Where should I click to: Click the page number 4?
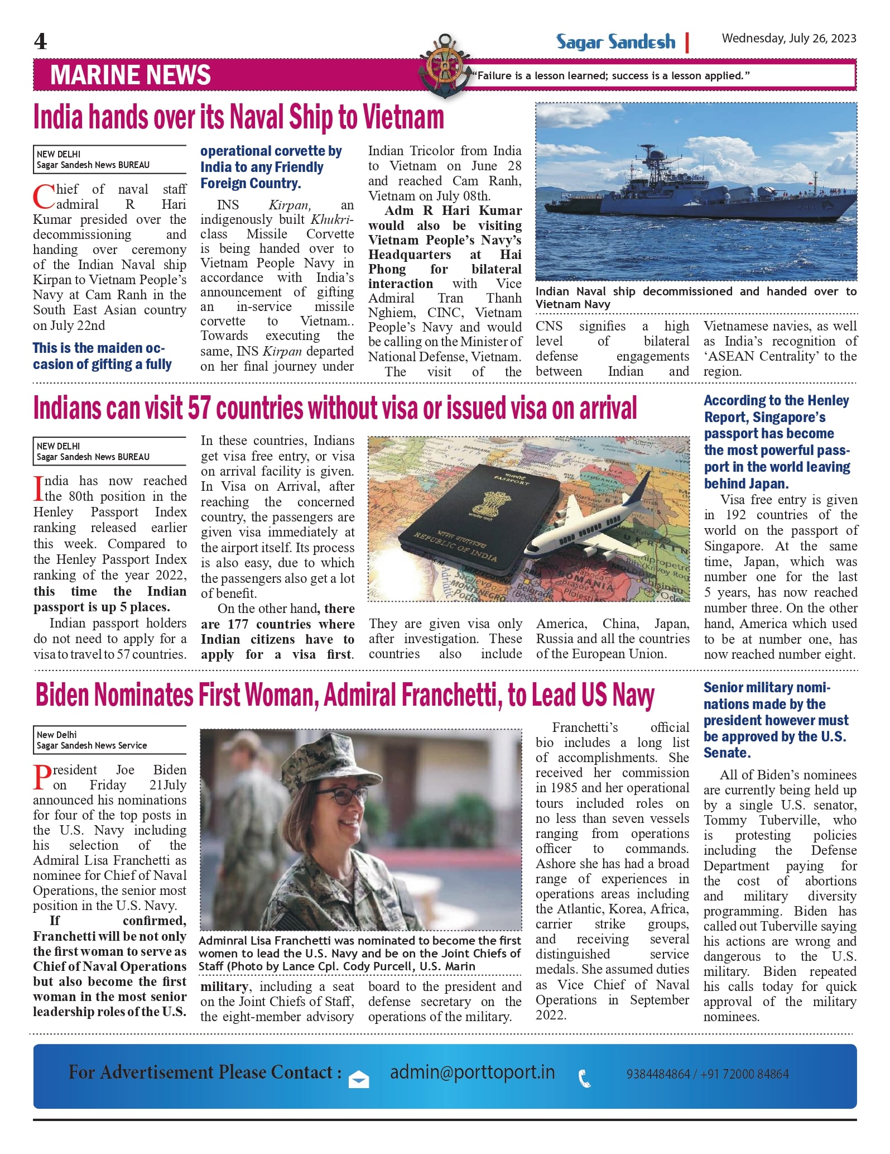[40, 41]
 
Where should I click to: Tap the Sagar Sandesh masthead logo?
[615, 42]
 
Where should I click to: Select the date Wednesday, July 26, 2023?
[788, 39]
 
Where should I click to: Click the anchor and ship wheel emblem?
[444, 66]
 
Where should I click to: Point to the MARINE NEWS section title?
[131, 75]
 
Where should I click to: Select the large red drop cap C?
[44, 197]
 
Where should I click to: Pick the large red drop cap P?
[42, 777]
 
